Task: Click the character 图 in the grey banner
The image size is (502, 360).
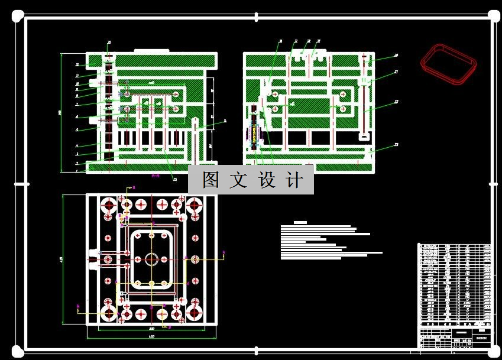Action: click(x=210, y=180)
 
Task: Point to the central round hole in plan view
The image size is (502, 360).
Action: click(x=152, y=259)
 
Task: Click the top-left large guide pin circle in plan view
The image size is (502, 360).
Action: click(x=109, y=206)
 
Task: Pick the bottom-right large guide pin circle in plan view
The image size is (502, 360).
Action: click(x=195, y=313)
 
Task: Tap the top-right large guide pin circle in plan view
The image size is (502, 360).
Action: click(x=195, y=206)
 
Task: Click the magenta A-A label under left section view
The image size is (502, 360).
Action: click(x=156, y=176)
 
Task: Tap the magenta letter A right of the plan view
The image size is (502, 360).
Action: click(x=224, y=252)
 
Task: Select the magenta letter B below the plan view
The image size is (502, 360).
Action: click(x=170, y=326)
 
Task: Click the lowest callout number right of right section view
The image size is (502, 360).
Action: click(x=396, y=144)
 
